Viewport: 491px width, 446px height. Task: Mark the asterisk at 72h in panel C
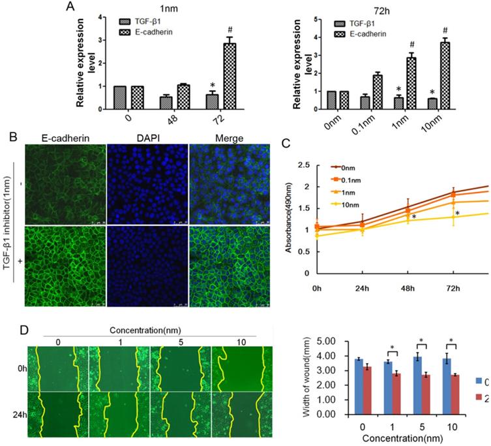click(458, 214)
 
